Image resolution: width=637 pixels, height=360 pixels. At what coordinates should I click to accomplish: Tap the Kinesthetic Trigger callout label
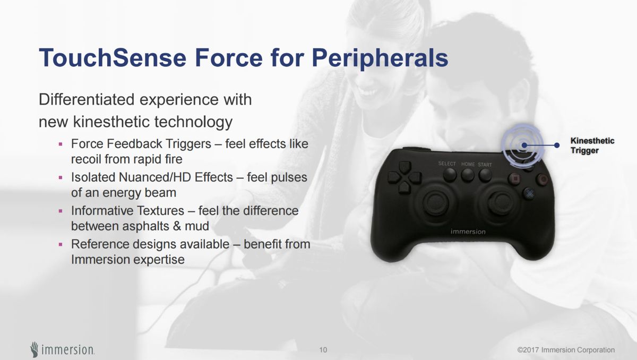pos(592,145)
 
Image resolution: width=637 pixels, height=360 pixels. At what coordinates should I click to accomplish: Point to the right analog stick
pos(500,202)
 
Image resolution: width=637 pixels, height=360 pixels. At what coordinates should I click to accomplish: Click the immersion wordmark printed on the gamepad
pos(468,232)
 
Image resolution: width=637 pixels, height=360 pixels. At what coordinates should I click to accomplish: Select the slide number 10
pos(323,350)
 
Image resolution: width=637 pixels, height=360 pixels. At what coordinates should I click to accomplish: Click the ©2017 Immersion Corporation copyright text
pos(566,350)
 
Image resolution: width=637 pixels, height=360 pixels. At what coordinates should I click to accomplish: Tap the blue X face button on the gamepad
pos(529,193)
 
